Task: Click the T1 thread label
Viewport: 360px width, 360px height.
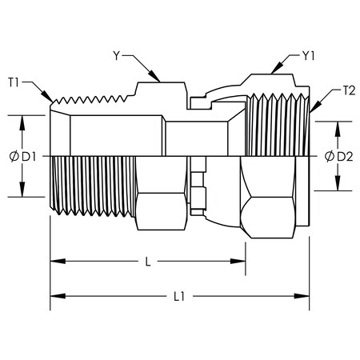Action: [14, 82]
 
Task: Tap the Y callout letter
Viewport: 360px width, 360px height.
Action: [117, 56]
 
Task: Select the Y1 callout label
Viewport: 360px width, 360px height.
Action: [309, 56]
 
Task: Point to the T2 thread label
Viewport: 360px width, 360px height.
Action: [349, 91]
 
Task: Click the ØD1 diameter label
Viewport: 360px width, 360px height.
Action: [22, 157]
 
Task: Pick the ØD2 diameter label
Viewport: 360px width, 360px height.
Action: [339, 156]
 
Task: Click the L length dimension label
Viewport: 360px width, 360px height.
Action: [148, 262]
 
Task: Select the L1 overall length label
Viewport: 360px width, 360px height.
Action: [179, 296]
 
